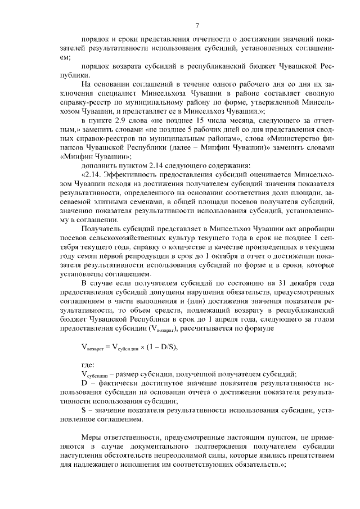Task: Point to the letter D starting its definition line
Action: click(x=84, y=383)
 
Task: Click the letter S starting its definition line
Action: click(x=84, y=410)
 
